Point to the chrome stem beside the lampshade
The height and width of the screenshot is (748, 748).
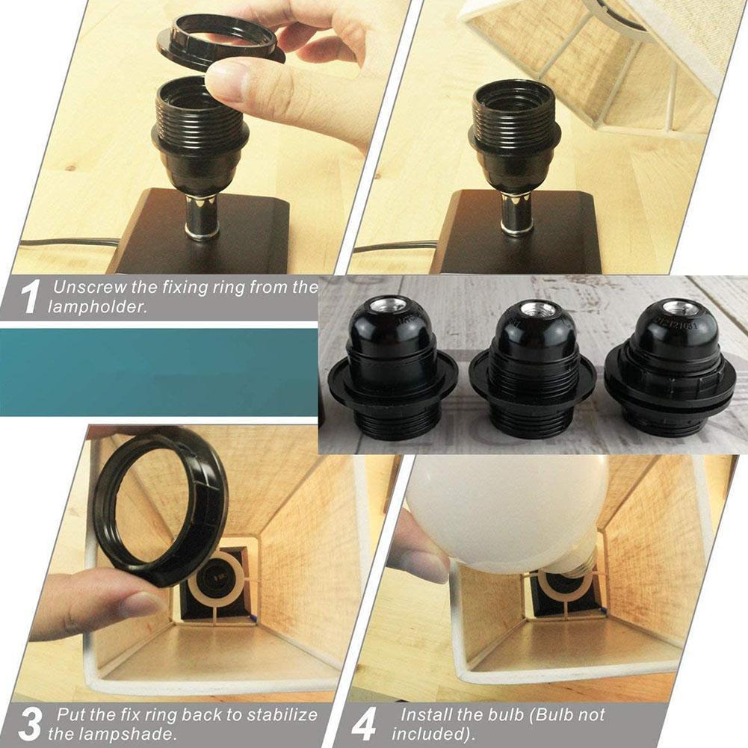click(x=513, y=213)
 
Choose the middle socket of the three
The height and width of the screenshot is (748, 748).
click(x=532, y=366)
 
